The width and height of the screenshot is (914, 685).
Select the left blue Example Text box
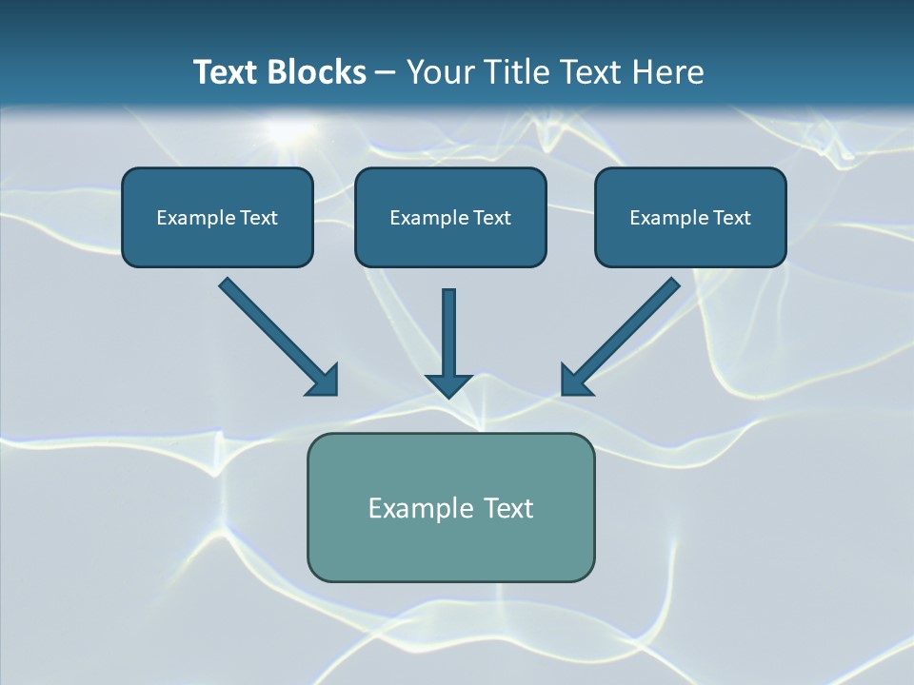(217, 217)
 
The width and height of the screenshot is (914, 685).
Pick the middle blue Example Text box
(450, 217)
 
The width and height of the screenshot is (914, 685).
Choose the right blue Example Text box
(690, 217)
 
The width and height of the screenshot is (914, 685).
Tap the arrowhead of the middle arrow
(449, 384)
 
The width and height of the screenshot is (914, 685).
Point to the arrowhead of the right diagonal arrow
(575, 381)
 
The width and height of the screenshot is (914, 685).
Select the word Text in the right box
(732, 218)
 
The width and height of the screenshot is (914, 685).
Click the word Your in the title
(437, 72)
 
